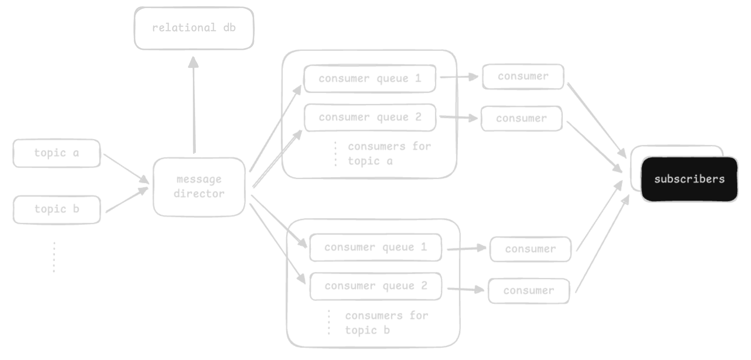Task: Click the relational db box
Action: (x=194, y=28)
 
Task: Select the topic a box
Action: (x=56, y=153)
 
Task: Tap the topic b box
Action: (x=56, y=209)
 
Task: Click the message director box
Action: (x=199, y=187)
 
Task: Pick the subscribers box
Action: (x=689, y=179)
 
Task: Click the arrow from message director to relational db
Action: (x=194, y=106)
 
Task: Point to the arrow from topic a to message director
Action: (x=125, y=168)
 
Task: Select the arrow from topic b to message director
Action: (x=127, y=200)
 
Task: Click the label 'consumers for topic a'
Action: (x=389, y=154)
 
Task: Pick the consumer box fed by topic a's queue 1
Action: (x=523, y=77)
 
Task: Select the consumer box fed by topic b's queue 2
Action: (x=528, y=291)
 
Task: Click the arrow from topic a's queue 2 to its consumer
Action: (x=458, y=118)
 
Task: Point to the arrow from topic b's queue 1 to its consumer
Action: (x=466, y=249)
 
